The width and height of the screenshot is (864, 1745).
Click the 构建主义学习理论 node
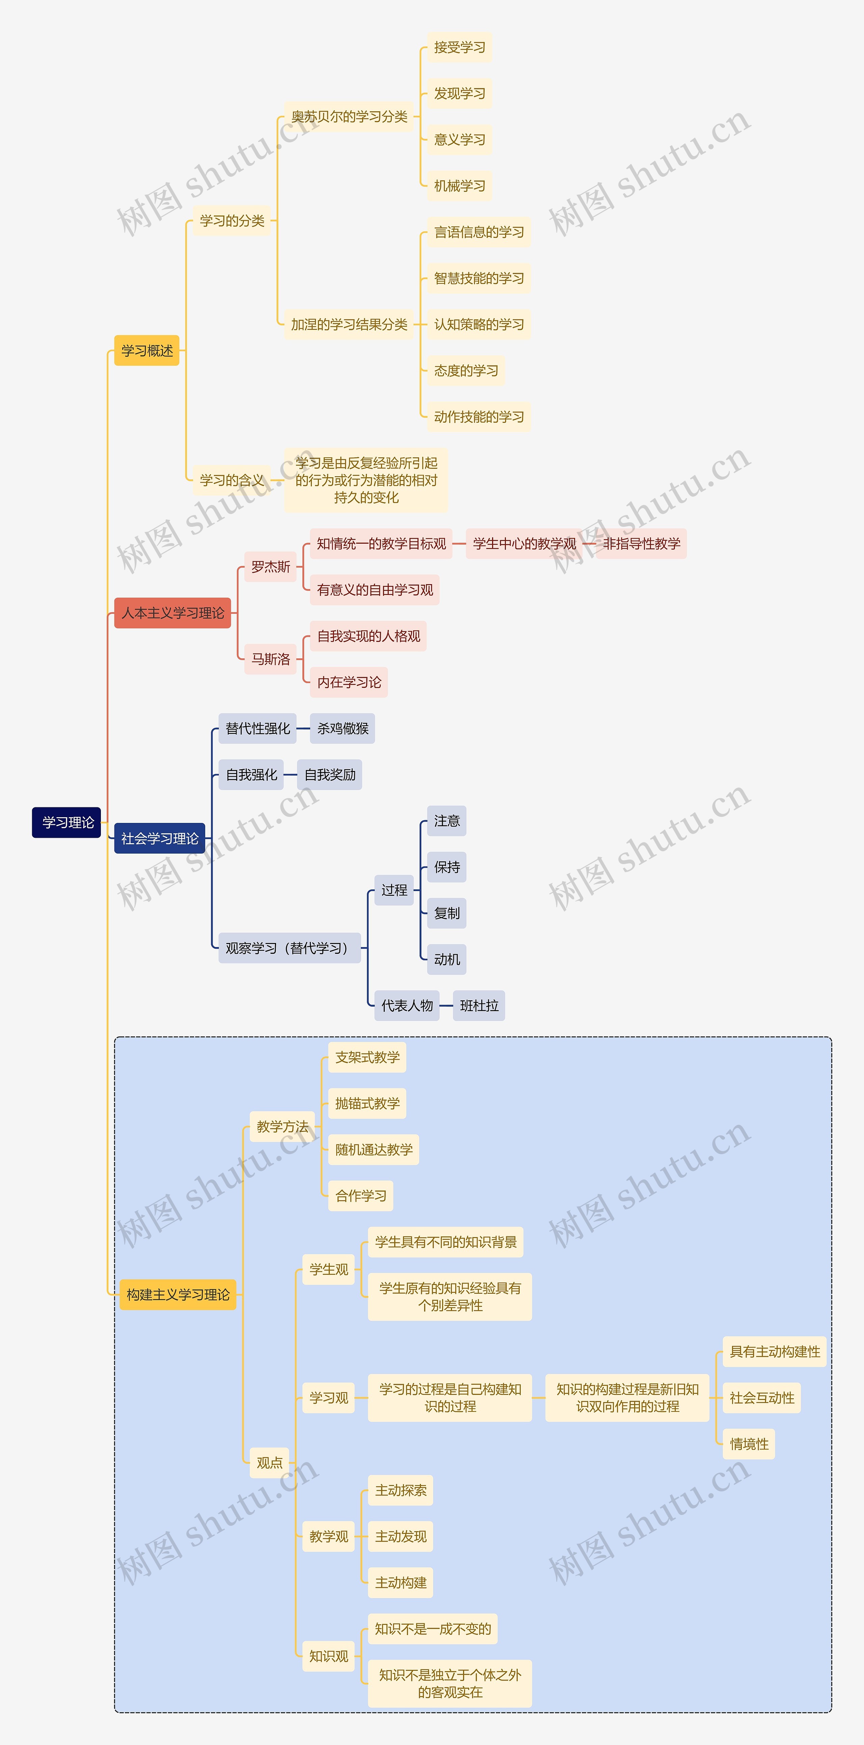pos(178,1294)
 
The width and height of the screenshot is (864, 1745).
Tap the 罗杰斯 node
pos(270,566)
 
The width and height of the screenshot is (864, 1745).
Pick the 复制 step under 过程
pos(447,913)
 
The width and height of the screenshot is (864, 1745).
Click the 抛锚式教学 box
pos(367,1104)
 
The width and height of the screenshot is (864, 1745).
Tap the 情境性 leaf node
pos(749,1444)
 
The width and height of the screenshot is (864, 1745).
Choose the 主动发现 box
pos(401,1536)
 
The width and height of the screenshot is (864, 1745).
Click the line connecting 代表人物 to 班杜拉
pos(446,1005)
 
